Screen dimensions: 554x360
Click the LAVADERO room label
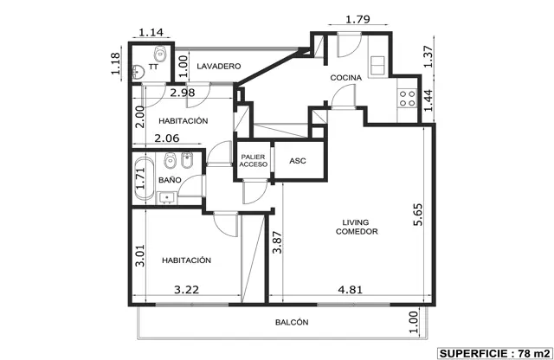pos(219,66)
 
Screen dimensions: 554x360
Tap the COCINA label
pos(346,78)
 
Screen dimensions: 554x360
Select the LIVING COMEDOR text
pos(357,227)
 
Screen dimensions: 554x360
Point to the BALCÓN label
pos(292,322)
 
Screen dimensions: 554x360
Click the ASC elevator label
pos(298,161)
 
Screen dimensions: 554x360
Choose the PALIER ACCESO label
pos(254,161)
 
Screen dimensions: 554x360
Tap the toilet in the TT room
pos(160,54)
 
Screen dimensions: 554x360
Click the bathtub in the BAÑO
pos(144,179)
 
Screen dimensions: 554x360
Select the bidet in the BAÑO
pos(187,160)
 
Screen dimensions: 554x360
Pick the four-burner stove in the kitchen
pos(407,98)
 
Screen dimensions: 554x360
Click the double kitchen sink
pos(377,65)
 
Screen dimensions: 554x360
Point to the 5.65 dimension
pos(417,215)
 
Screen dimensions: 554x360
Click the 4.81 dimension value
pos(350,290)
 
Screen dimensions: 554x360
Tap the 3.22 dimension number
pos(187,290)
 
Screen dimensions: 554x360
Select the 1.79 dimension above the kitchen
pos(358,19)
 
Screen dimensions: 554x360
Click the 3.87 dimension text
pos(277,242)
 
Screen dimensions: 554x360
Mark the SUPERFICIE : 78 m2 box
pos(494,353)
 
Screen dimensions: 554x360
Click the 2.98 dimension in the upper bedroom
pos(183,93)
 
